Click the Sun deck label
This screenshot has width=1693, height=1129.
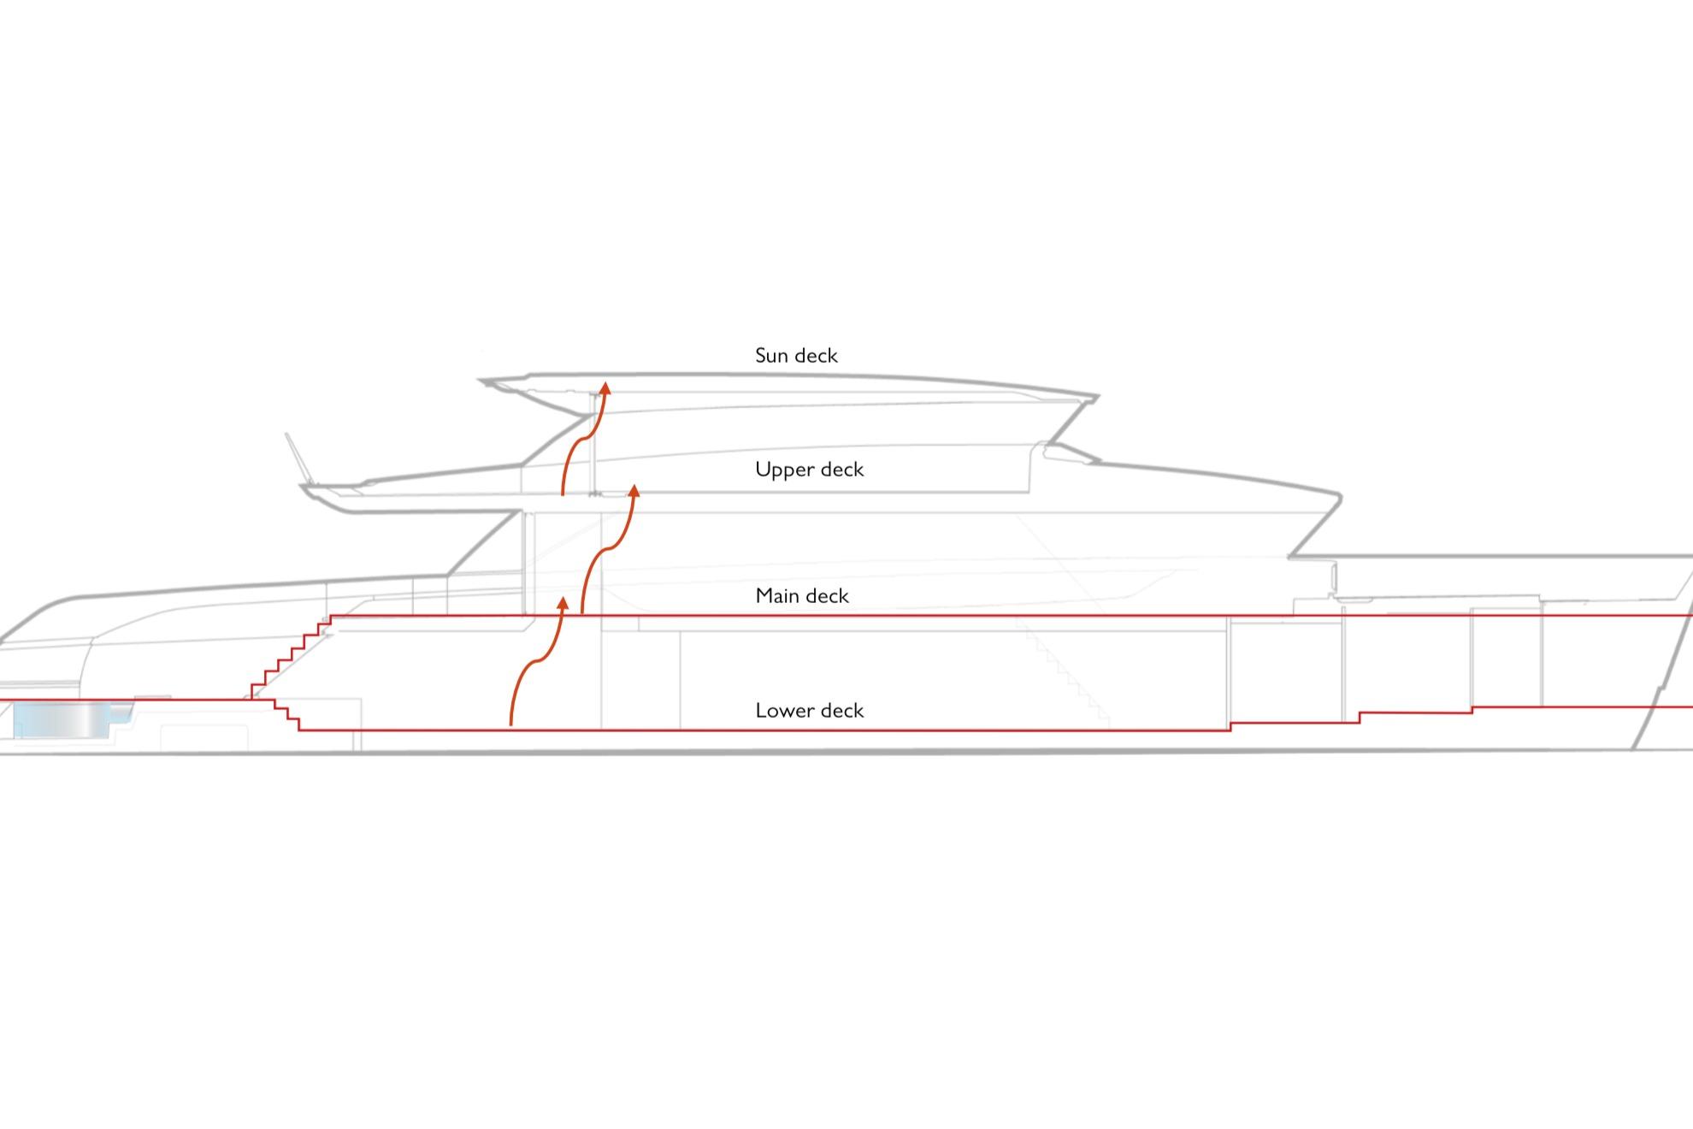click(796, 356)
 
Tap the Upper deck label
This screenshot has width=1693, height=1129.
click(810, 470)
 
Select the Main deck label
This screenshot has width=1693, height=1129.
click(802, 596)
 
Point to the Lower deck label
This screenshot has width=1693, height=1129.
click(810, 711)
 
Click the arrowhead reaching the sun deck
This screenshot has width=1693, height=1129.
click(605, 388)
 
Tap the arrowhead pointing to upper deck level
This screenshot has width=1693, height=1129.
click(634, 490)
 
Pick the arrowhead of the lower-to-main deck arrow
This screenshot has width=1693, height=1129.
click(563, 604)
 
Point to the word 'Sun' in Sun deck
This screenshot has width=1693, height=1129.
click(770, 356)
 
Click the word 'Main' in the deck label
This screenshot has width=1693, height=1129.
click(776, 596)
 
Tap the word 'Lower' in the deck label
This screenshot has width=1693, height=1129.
click(781, 711)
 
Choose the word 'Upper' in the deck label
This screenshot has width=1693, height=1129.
click(781, 470)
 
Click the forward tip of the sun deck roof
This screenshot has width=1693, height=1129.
click(1098, 397)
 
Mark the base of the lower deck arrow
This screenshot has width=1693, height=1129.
click(511, 725)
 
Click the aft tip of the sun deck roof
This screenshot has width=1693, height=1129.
click(481, 380)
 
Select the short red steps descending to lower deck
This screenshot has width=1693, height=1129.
click(286, 715)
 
